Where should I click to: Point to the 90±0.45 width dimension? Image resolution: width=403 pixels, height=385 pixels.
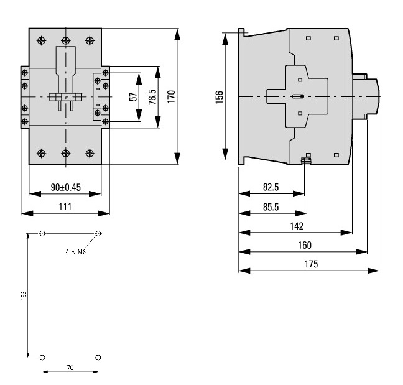click(65, 187)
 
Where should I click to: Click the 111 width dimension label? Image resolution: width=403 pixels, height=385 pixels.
click(65, 206)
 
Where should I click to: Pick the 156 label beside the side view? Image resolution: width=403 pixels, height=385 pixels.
click(218, 96)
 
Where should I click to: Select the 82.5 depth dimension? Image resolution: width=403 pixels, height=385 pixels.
click(271, 187)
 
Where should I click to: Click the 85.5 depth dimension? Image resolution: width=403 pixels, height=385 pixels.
click(271, 207)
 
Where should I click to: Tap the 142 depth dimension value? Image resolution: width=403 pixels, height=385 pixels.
click(297, 226)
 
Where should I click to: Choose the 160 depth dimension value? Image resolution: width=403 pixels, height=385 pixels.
click(304, 246)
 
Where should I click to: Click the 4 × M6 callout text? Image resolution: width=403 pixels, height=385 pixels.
click(76, 252)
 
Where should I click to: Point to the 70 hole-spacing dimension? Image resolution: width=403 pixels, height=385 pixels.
click(70, 368)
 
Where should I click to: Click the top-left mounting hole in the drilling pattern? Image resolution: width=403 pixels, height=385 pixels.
click(42, 234)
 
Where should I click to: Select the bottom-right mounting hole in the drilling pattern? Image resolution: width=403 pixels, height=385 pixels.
click(98, 358)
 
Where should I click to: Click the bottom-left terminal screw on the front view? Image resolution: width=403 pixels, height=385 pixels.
click(42, 152)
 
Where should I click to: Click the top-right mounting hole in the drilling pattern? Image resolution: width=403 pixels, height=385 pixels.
click(98, 234)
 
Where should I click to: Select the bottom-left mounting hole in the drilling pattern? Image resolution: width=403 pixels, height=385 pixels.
click(42, 358)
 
